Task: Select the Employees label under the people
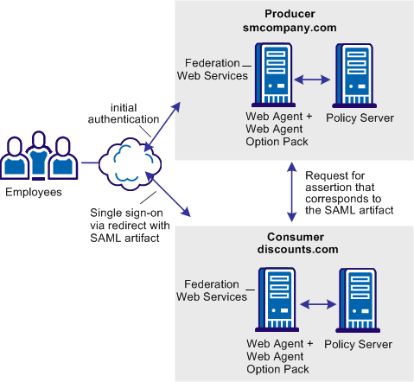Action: click(x=34, y=192)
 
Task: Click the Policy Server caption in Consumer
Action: click(x=358, y=344)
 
